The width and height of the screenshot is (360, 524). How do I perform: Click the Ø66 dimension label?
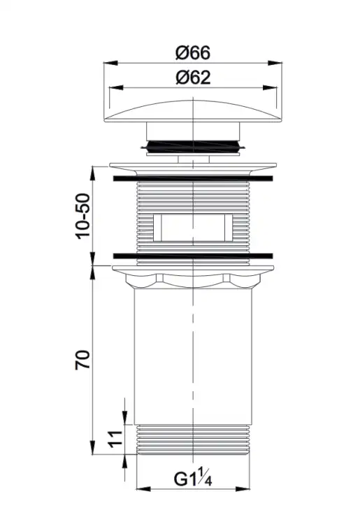tap(193, 53)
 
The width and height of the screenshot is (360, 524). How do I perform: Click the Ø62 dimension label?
tap(193, 78)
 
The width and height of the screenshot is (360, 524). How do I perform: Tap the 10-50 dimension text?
tap(83, 216)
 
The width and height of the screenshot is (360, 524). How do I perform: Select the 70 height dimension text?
tap(83, 359)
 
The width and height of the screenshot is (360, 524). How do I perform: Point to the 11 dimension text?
tap(115, 439)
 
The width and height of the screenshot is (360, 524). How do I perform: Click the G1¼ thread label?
tap(193, 478)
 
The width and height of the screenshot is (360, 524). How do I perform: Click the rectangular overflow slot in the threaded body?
tap(192, 228)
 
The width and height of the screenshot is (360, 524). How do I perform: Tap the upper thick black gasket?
tap(193, 178)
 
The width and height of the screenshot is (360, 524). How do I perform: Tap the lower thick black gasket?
tap(193, 256)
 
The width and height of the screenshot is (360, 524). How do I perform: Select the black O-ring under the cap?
tap(193, 146)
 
